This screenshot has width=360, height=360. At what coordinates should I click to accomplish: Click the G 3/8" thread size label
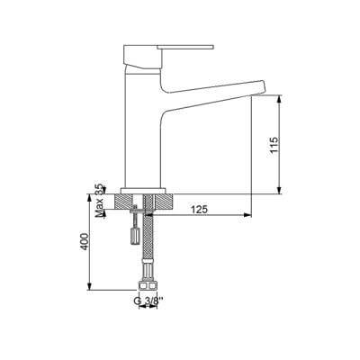tap(149, 300)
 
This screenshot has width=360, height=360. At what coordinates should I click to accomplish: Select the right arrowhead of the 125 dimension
tap(247, 216)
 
